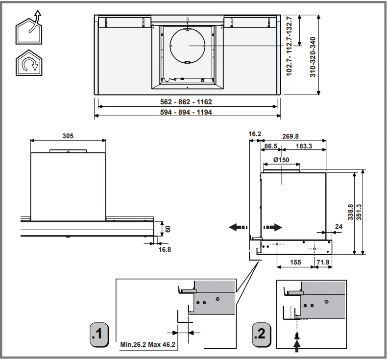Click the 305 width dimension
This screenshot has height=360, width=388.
pyautogui.click(x=68, y=136)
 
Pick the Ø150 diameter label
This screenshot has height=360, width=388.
pyautogui.click(x=281, y=160)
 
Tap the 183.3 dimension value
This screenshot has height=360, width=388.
pyautogui.click(x=304, y=146)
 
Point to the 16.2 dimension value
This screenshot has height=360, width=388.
pyautogui.click(x=254, y=133)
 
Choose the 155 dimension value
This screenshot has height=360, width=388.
pyautogui.click(x=295, y=263)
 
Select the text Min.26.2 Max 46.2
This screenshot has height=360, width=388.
pyautogui.click(x=147, y=345)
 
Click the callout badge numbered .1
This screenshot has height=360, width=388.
pyautogui.click(x=99, y=335)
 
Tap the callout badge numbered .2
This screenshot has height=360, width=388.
pyautogui.click(x=260, y=335)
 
